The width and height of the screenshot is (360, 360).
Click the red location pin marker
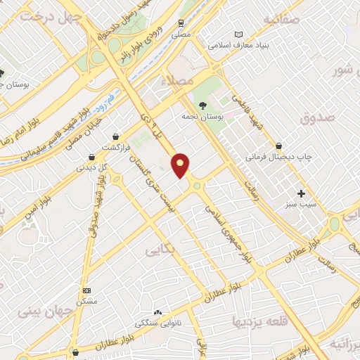point(181,165)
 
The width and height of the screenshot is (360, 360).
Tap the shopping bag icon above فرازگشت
point(115,137)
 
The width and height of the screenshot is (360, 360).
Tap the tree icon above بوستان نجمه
point(202,105)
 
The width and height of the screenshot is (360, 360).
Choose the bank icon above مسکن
point(86,290)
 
